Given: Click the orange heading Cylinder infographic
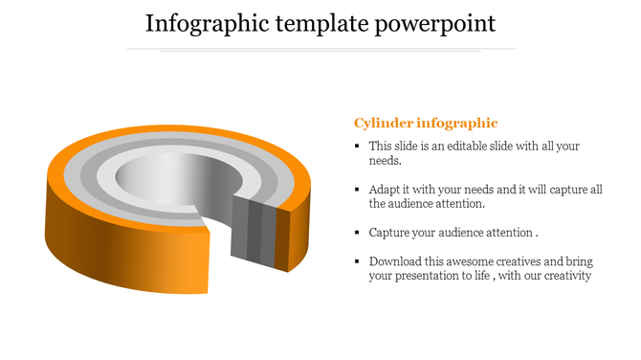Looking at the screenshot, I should point(426,123).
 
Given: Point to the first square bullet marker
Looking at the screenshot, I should point(357,146).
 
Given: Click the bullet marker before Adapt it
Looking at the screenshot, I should point(357,190).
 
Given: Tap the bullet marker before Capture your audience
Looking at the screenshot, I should point(357,233).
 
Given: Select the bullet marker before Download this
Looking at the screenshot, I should point(357,261).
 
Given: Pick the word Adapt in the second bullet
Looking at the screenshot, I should point(386,190).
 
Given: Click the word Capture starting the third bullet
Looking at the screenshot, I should point(391,233).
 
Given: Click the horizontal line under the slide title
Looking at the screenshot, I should point(320,48).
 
